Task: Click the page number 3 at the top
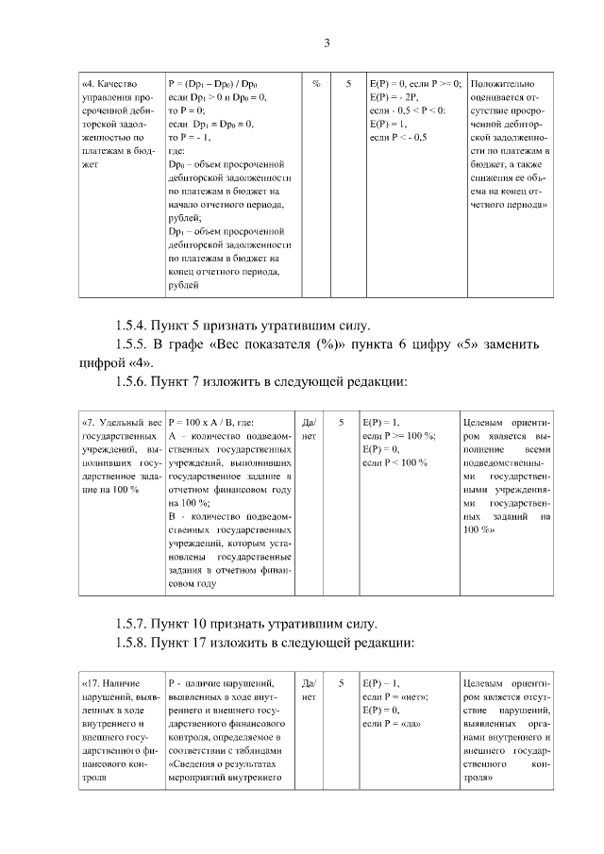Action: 327,42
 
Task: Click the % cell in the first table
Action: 315,83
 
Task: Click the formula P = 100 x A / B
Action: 212,422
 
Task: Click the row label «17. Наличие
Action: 111,682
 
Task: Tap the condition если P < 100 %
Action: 395,462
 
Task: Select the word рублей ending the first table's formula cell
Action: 183,283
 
